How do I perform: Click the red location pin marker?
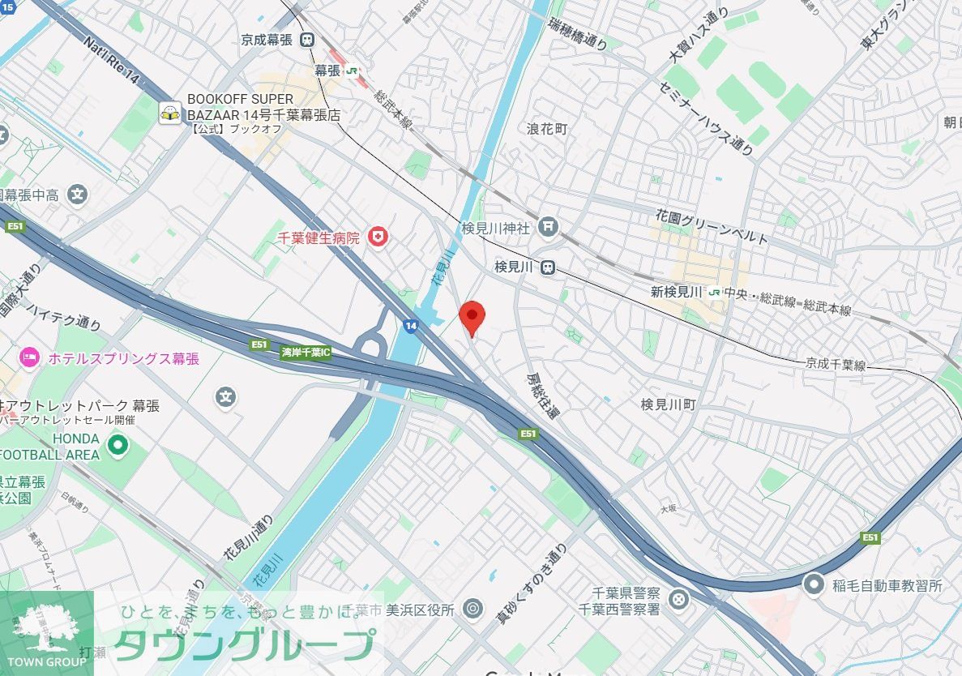pyautogui.click(x=472, y=316)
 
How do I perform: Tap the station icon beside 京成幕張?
pyautogui.click(x=307, y=39)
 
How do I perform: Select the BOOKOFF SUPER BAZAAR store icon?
pyautogui.click(x=169, y=113)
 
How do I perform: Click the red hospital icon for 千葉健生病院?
pyautogui.click(x=377, y=237)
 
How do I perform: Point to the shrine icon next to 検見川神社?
pyautogui.click(x=549, y=229)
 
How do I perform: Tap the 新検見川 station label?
pyautogui.click(x=677, y=292)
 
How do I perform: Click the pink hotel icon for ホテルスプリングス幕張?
pyautogui.click(x=29, y=357)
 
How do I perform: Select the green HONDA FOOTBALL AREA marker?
pyautogui.click(x=118, y=445)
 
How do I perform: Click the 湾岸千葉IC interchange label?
pyautogui.click(x=306, y=353)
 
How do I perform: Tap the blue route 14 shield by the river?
pyautogui.click(x=411, y=326)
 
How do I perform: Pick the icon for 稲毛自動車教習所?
pyautogui.click(x=813, y=584)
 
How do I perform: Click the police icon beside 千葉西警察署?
pyautogui.click(x=678, y=601)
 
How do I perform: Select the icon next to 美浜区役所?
pyautogui.click(x=473, y=609)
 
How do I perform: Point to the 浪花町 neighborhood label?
pyautogui.click(x=547, y=129)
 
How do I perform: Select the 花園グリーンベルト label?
pyautogui.click(x=712, y=226)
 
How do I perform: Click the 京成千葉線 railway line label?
pyautogui.click(x=836, y=365)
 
